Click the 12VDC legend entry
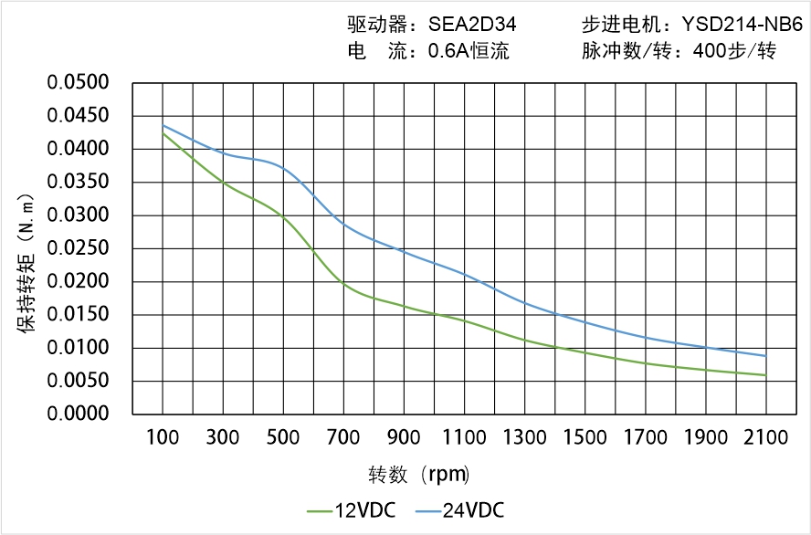(352, 510)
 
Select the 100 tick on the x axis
(163, 437)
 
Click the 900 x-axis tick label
(404, 437)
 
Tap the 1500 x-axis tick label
(585, 437)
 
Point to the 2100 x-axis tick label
(765, 437)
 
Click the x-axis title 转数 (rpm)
(418, 475)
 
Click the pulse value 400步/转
(734, 51)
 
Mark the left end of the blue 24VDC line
(163, 125)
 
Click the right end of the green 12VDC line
(765, 375)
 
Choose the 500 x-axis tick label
(283, 437)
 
